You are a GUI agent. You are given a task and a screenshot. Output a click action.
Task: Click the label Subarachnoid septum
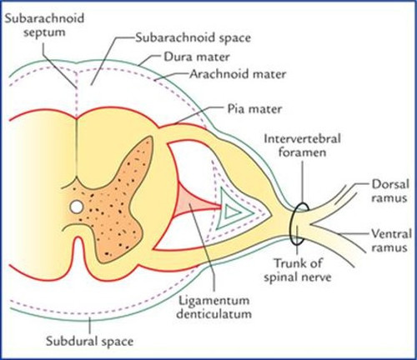[x=45, y=25]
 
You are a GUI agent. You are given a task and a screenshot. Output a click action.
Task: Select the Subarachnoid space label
[x=193, y=37]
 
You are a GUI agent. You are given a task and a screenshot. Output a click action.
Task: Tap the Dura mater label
[x=197, y=57]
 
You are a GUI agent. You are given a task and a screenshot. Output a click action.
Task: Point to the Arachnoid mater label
[x=238, y=74]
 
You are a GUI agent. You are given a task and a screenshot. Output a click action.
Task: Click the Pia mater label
[x=254, y=109]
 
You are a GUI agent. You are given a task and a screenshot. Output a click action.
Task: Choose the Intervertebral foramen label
[x=303, y=145]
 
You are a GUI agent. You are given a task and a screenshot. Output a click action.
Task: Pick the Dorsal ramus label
[x=390, y=191]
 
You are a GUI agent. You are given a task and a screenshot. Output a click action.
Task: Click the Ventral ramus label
[x=391, y=241]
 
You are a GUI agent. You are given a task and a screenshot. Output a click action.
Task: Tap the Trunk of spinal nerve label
[x=298, y=270]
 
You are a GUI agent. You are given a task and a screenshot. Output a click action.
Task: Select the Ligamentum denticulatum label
[x=214, y=307]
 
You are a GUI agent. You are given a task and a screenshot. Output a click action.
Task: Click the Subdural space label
[x=89, y=341]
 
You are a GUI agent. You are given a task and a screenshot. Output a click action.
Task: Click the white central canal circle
[x=77, y=207]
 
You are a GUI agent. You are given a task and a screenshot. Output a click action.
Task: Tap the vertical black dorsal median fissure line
[x=77, y=150]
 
